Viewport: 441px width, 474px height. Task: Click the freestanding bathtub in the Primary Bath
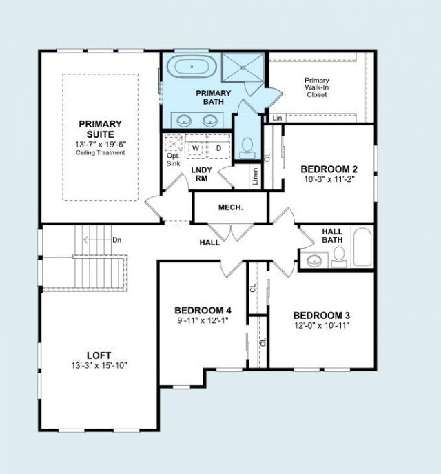click(x=192, y=67)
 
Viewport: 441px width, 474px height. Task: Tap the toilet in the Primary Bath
click(x=247, y=148)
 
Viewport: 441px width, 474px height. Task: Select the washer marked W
click(x=196, y=148)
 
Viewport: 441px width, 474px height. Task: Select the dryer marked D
click(x=219, y=148)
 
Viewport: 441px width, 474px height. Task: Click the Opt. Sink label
click(x=174, y=160)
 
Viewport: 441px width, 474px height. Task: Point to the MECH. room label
click(x=230, y=207)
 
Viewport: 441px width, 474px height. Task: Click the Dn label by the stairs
click(x=116, y=240)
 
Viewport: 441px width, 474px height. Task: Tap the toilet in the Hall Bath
click(x=339, y=257)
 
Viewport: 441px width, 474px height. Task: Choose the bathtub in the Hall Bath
click(x=362, y=247)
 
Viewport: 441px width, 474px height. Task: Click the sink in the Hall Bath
click(x=314, y=260)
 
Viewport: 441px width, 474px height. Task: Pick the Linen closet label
click(x=256, y=176)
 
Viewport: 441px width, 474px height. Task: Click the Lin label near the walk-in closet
click(x=277, y=118)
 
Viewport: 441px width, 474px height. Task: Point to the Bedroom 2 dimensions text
click(x=329, y=179)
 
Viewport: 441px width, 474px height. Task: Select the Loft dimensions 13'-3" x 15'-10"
click(x=99, y=366)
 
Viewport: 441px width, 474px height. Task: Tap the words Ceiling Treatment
click(x=100, y=153)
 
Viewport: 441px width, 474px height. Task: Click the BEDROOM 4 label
click(x=203, y=311)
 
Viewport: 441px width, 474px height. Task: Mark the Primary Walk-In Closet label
click(x=317, y=87)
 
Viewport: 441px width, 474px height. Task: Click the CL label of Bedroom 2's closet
click(x=267, y=158)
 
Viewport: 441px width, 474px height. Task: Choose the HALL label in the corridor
click(x=209, y=242)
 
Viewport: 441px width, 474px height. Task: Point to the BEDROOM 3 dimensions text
click(x=322, y=326)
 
